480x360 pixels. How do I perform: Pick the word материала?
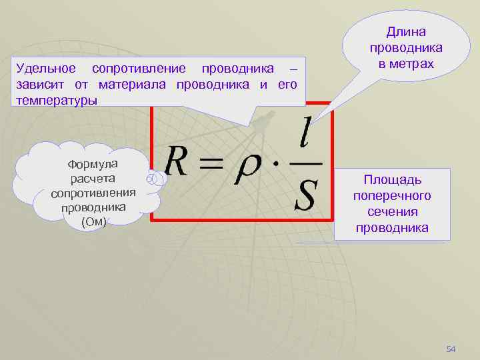point(135,85)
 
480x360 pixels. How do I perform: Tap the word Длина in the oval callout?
point(406,32)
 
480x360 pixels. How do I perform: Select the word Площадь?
point(392,180)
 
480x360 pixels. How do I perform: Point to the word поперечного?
point(392,196)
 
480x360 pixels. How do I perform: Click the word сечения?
point(392,212)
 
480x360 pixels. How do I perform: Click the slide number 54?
point(451,349)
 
